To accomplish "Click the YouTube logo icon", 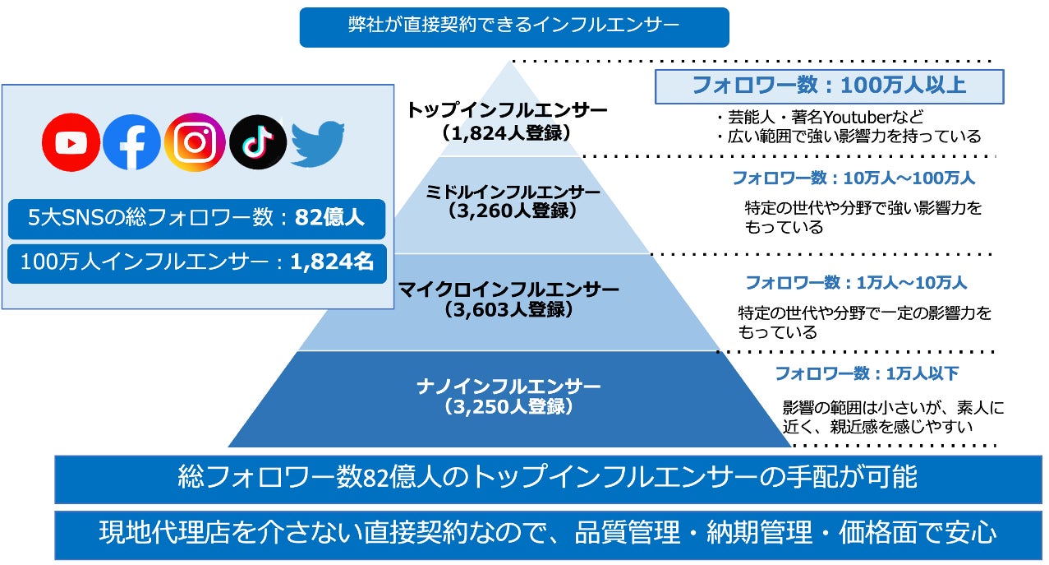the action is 71,142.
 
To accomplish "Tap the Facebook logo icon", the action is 131,142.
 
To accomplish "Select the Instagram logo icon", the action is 195,142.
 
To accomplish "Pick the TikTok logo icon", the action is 258,142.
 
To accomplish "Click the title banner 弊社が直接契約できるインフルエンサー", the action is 514,25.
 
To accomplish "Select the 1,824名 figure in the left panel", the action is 332,262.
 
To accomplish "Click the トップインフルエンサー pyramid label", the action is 507,110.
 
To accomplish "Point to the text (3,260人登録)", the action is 513,211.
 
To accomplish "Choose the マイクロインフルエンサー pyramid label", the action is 508,289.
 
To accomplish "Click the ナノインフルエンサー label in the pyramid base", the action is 508,387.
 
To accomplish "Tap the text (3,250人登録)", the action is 508,406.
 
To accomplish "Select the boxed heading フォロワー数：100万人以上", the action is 829,86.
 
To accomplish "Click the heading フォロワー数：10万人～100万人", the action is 853,178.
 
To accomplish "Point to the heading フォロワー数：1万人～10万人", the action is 855,283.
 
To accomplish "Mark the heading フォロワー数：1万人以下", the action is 867,373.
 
